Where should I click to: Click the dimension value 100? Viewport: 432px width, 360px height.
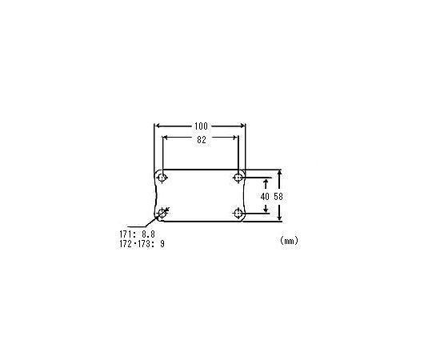click(201, 126)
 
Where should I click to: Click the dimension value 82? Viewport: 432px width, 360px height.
click(202, 140)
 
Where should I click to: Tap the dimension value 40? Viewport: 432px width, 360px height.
click(265, 196)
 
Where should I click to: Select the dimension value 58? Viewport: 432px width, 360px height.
click(278, 196)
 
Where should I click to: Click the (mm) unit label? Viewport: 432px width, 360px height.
click(289, 241)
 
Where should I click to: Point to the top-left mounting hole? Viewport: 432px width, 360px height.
click(162, 178)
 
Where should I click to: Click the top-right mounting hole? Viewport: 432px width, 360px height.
click(238, 178)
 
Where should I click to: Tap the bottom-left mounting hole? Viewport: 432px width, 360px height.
click(162, 213)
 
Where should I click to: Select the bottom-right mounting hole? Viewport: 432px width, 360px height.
click(238, 214)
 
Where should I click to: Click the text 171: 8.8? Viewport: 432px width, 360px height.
click(138, 234)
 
